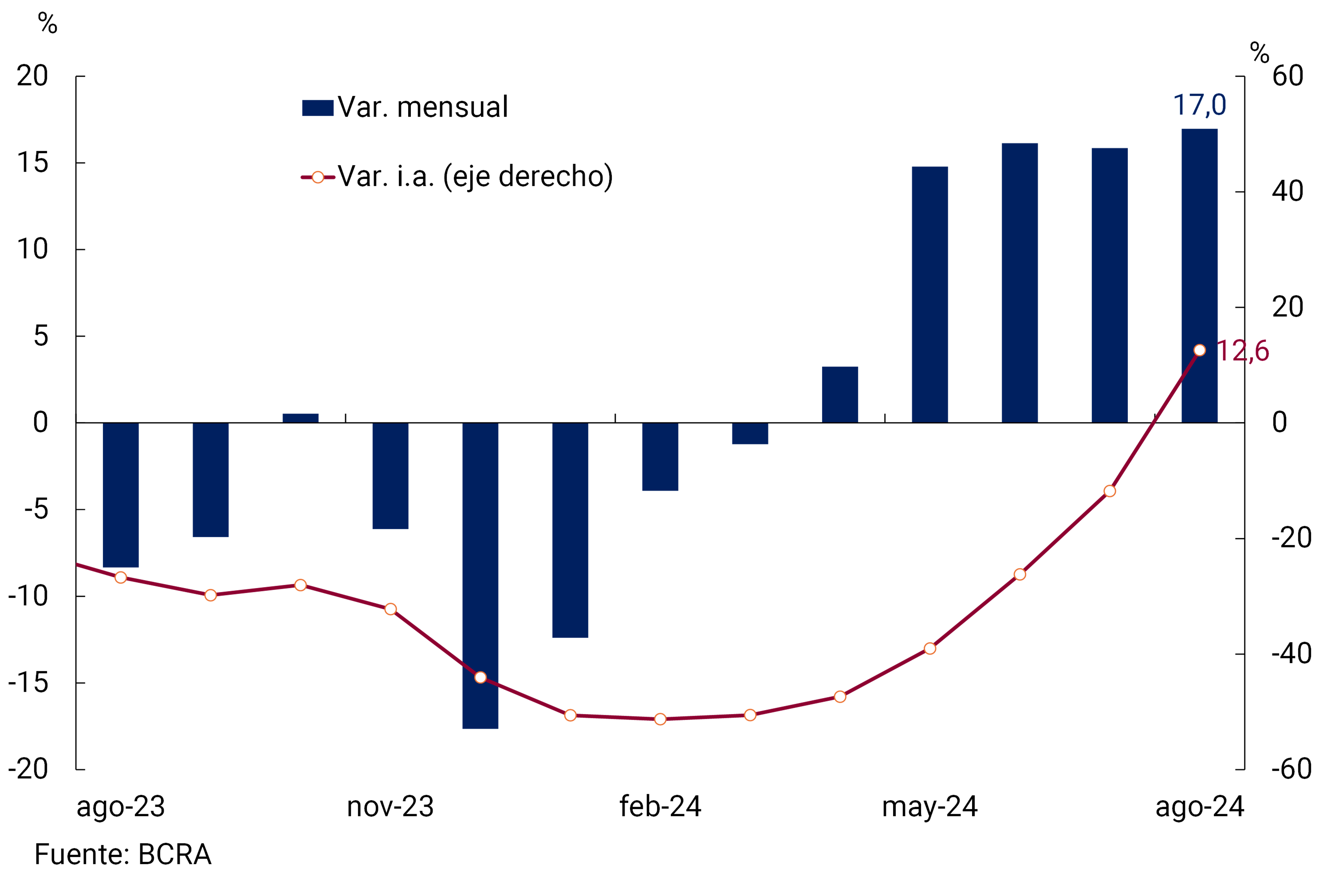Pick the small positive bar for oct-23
coord(300,418)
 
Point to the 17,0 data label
coord(1199,105)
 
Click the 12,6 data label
coord(1243,351)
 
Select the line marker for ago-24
coord(1199,350)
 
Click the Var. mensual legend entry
coord(405,107)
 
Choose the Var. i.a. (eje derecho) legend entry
coord(457,177)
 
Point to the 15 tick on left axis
coord(32,163)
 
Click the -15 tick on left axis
coord(28,683)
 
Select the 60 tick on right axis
coord(1288,76)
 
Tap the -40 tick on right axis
coord(1291,653)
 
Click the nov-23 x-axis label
coord(390,807)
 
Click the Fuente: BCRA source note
coord(123,854)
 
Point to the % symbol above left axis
coord(47,24)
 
